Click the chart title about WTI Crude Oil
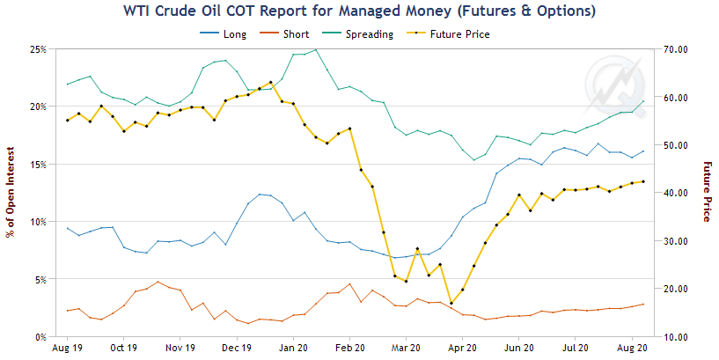359,11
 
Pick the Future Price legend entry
453,34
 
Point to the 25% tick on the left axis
37,49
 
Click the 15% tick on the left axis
37,165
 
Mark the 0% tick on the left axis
40,337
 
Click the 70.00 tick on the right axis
675,49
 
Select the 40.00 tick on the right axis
675,193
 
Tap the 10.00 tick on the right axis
675,337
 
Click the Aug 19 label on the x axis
67,349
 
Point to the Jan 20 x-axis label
294,349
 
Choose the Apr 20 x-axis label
463,349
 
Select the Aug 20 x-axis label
633,349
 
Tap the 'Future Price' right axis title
706,192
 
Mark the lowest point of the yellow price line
451,303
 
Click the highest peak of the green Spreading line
316,49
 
